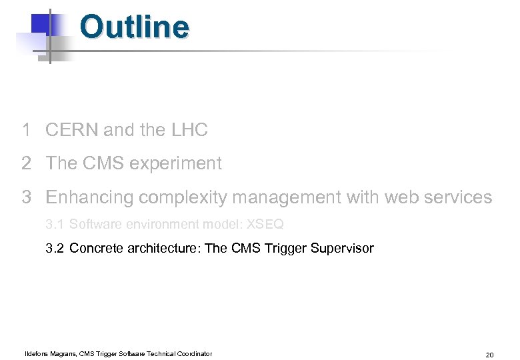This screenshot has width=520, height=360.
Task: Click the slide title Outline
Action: pyautogui.click(x=134, y=27)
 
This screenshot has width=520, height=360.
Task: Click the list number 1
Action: pyautogui.click(x=26, y=130)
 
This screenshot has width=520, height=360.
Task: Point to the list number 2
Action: pyautogui.click(x=26, y=163)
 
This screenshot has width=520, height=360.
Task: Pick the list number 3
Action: pyautogui.click(x=26, y=197)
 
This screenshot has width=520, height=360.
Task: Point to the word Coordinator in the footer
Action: pyautogui.click(x=192, y=353)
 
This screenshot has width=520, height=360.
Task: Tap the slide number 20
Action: pyautogui.click(x=489, y=355)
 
